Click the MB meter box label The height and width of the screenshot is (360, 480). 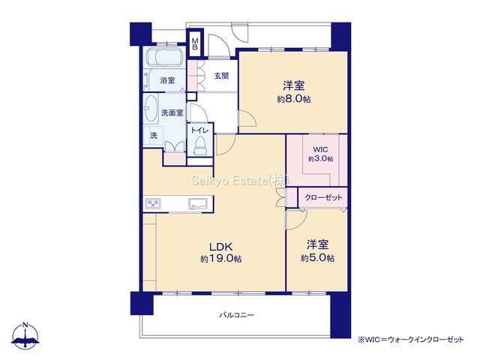tap(195, 43)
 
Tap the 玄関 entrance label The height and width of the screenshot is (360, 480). tap(221, 76)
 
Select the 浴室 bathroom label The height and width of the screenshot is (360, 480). tap(167, 80)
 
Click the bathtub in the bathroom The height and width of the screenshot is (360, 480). tap(165, 56)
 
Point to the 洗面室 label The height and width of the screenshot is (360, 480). tap(172, 112)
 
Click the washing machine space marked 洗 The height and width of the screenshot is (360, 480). tap(154, 135)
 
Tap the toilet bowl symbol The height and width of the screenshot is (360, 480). tap(200, 145)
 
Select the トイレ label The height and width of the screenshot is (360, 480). tap(200, 130)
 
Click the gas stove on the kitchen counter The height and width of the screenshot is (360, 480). tap(153, 203)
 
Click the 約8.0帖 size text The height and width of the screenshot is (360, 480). tap(294, 99)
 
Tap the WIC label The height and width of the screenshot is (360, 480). tap(320, 150)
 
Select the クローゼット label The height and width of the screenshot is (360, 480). tap(323, 198)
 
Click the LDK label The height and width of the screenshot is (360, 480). tap(221, 247)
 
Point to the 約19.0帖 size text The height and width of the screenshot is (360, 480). tap(221, 259)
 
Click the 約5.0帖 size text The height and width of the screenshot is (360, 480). tap(317, 258)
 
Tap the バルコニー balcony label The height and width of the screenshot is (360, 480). tap(237, 315)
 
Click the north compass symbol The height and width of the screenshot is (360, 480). tap(25, 335)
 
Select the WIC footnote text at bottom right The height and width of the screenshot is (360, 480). tap(411, 340)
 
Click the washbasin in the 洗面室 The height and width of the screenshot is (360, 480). tap(151, 108)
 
